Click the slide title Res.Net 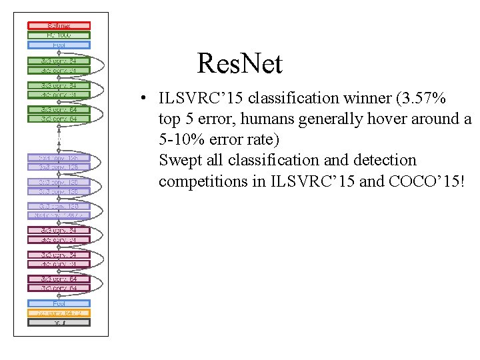coord(240,65)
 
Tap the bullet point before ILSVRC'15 coord(143,99)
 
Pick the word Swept coord(178,161)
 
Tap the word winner coord(365,99)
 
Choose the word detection coord(385,161)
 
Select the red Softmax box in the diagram coord(59,25)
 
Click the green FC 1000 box coord(59,35)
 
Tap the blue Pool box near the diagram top coord(59,45)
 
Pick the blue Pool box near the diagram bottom coord(59,303)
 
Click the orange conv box coord(59,313)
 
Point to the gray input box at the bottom coord(59,323)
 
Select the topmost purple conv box coord(59,157)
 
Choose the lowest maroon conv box coord(59,288)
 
